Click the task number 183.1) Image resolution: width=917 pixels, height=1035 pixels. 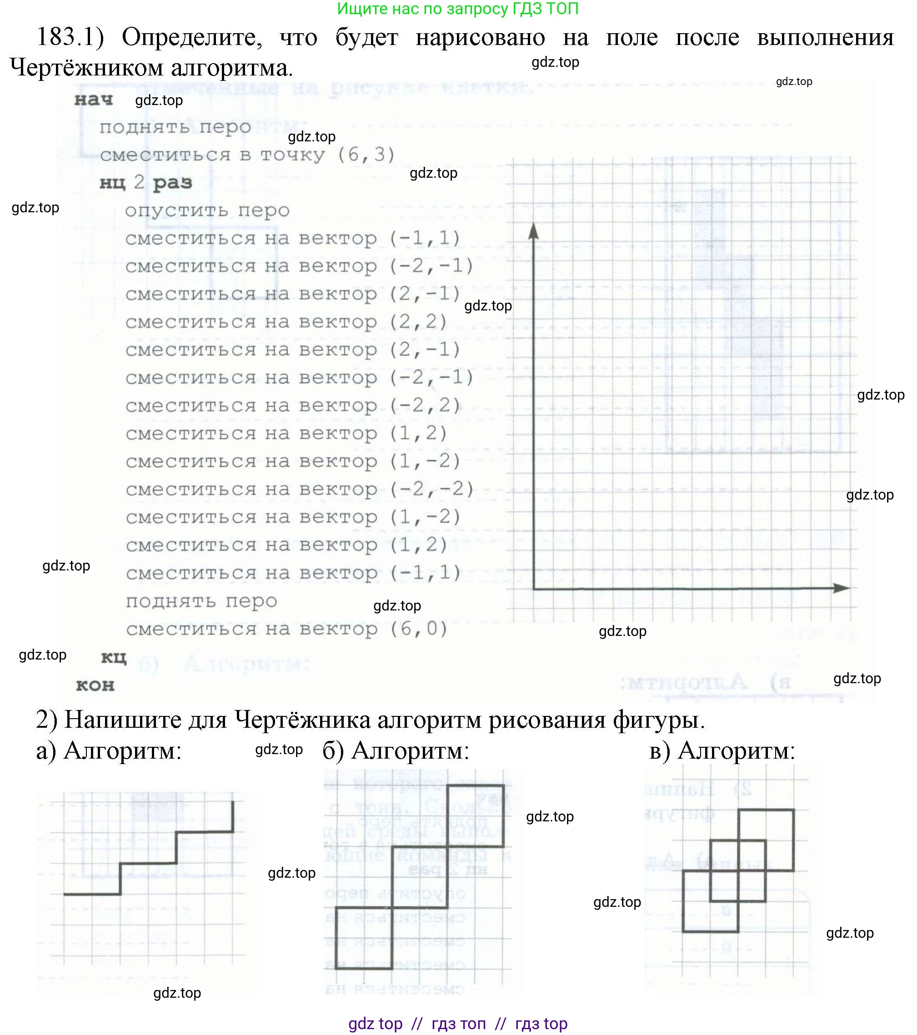tap(70, 37)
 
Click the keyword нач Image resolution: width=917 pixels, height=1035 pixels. tap(94, 100)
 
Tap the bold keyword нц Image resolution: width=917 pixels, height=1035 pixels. tap(112, 182)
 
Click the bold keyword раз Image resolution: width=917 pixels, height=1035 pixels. tap(172, 182)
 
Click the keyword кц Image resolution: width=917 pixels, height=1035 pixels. tap(113, 657)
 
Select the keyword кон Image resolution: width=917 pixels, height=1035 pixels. tap(95, 685)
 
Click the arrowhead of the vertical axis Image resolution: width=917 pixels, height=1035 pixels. tap(533, 230)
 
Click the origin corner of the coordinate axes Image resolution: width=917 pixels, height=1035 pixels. tap(534, 589)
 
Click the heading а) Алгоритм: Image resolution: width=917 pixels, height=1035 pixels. tap(108, 750)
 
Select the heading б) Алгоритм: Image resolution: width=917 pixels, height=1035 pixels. tap(396, 750)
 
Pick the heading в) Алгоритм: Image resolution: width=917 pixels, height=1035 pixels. tap(722, 750)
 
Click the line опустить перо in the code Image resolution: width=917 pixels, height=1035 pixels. tap(207, 210)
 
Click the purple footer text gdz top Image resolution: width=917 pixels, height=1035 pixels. tap(375, 1023)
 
